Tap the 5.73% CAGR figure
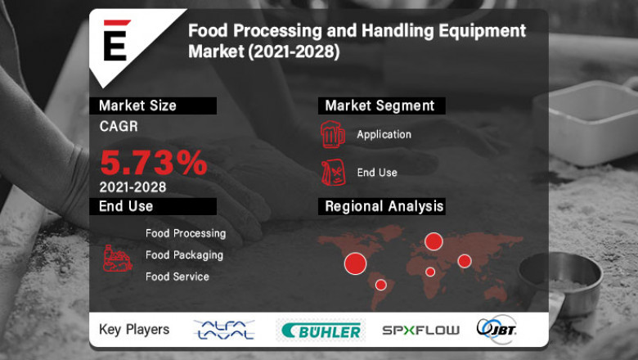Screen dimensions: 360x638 point(154,163)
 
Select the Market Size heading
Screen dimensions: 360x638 point(137,106)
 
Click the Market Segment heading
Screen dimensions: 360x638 point(380,106)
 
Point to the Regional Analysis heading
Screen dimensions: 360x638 point(384,206)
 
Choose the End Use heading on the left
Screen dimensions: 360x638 point(126,206)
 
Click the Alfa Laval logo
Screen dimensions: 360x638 point(223,330)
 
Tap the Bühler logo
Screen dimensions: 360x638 point(321,331)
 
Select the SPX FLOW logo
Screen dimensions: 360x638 point(420,331)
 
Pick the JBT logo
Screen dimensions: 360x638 point(496,329)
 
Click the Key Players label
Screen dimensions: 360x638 point(134,330)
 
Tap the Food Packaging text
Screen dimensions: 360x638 point(184,254)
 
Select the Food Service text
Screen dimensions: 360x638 point(177,277)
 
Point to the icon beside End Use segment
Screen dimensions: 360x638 point(332,173)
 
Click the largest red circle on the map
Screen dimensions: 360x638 point(355,263)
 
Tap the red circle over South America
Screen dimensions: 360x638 point(380,285)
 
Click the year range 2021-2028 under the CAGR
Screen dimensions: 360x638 point(133,187)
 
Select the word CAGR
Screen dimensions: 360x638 point(119,127)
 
